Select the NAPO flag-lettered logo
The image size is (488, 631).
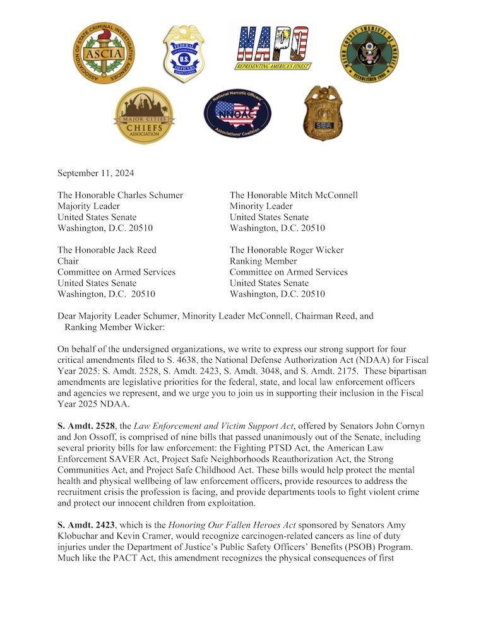click(274, 48)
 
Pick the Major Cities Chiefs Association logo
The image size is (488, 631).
click(145, 115)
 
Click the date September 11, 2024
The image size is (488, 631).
click(95, 173)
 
